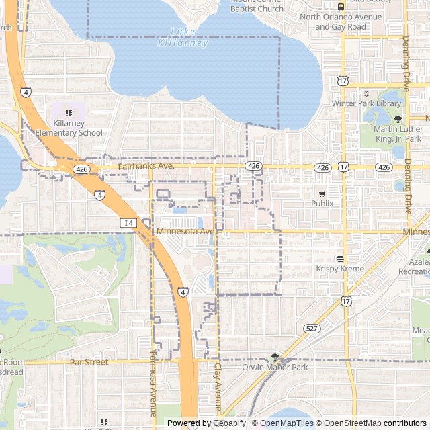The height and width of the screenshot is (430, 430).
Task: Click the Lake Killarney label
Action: (x=183, y=37)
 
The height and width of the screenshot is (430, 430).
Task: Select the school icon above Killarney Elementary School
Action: (x=69, y=113)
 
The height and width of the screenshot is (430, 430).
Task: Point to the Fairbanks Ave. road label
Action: (x=146, y=166)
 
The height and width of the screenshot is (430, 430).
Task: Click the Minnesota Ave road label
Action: (x=185, y=232)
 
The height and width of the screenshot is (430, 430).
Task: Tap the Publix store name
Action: (x=321, y=204)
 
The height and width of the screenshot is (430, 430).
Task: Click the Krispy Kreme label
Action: (x=339, y=269)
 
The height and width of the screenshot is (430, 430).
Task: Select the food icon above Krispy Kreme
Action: (x=340, y=259)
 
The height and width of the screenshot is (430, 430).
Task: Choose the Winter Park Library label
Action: (x=366, y=104)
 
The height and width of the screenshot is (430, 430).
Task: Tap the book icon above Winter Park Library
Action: (x=366, y=94)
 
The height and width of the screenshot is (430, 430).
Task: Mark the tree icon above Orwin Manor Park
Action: (x=275, y=357)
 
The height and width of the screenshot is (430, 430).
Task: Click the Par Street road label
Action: (x=89, y=363)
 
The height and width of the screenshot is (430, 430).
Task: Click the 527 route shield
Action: (x=310, y=328)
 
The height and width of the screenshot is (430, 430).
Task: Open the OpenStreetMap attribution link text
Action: (x=348, y=423)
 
